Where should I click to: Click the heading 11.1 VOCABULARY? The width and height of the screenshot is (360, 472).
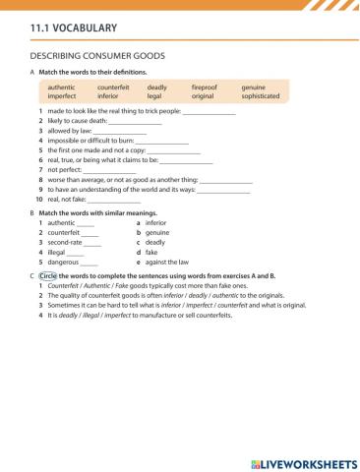[x=75, y=29]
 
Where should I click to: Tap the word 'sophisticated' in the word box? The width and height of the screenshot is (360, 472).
[x=261, y=97]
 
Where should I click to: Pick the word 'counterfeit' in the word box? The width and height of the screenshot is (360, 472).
[x=113, y=88]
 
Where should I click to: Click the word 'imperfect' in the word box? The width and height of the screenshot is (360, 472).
[x=62, y=97]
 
